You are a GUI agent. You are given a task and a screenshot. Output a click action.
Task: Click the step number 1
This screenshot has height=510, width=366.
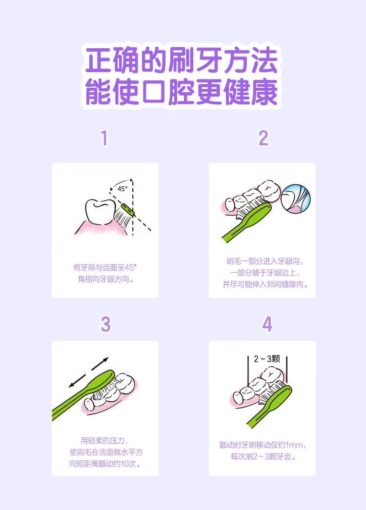coord(104,138)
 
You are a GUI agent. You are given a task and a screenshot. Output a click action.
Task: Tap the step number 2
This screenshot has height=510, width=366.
coord(264,138)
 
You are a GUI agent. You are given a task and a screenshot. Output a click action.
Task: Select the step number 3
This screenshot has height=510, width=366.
coord(105,324)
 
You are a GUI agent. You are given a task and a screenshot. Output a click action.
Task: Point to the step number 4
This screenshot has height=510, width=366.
coord(267,324)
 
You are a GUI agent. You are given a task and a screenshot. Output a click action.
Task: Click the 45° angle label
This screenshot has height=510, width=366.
coord(122,189)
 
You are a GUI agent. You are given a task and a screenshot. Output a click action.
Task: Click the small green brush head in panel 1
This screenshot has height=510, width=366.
coord(127,209)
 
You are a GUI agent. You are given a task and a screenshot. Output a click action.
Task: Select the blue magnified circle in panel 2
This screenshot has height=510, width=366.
coord(295,199)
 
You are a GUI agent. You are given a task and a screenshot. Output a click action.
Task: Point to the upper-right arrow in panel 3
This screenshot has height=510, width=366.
coord(100,364)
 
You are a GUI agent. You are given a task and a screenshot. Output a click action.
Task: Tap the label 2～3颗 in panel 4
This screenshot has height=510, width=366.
coord(267,359)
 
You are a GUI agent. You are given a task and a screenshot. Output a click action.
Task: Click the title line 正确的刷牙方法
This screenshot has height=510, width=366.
coord(181,61)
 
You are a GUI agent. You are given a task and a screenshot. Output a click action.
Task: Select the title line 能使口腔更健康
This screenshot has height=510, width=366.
coord(181,92)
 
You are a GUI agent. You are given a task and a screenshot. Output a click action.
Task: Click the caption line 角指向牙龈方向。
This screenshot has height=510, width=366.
coord(105,279)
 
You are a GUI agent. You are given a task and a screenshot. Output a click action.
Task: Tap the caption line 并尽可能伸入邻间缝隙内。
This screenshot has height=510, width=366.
coord(265,284)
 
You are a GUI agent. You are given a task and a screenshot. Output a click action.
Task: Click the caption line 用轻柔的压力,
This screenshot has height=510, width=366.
coord(104,441)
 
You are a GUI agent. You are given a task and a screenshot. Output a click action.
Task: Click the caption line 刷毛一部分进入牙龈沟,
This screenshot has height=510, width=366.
coord(264,261)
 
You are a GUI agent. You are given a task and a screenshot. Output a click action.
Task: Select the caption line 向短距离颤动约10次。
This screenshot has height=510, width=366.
coord(105,464)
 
